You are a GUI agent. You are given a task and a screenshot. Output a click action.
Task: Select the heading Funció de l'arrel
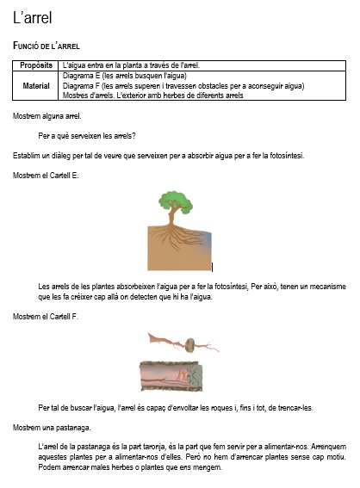(x=52, y=45)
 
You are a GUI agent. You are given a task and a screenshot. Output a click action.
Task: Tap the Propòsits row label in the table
(x=36, y=65)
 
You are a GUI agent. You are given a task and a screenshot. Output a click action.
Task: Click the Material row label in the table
(x=36, y=85)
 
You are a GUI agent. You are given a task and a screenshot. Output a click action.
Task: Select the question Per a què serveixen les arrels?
(x=87, y=135)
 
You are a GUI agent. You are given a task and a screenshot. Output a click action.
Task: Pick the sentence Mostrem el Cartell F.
(x=46, y=317)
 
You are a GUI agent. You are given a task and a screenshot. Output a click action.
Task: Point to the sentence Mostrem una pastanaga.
(x=51, y=427)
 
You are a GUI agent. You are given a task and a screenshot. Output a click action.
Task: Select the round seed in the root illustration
(x=189, y=345)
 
